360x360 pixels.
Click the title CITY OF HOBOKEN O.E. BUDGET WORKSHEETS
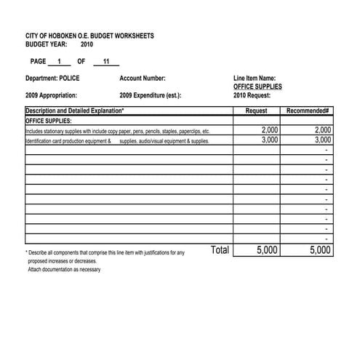[89, 36]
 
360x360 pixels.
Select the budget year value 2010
[87, 44]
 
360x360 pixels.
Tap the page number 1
[59, 61]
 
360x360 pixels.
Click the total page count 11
[106, 61]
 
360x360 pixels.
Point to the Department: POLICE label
[52, 78]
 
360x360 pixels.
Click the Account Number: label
[142, 78]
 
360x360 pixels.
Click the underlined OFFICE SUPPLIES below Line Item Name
[257, 87]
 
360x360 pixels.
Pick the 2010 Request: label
[252, 95]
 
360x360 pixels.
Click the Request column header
[256, 111]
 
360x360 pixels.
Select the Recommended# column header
[308, 111]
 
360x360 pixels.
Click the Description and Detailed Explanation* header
[74, 111]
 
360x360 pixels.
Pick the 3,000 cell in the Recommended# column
[322, 140]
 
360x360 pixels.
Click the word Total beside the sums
[220, 250]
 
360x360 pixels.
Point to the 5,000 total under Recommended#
[320, 250]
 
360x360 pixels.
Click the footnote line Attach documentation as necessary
[64, 270]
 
